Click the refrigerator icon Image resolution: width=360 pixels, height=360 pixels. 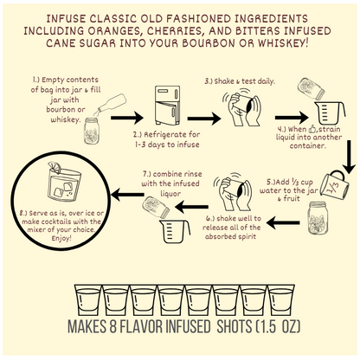pos(167,106)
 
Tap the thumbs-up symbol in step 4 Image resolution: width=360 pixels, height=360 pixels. pos(312,129)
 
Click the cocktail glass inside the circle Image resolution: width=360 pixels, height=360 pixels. pos(63,182)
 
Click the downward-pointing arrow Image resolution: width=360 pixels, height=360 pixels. pos(350,157)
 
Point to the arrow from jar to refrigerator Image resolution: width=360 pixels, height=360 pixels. pos(127,118)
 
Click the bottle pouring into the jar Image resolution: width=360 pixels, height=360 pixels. pos(112,105)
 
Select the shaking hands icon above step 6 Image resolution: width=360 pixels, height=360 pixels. pos(232,192)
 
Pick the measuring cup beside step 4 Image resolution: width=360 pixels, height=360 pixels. pos(330,112)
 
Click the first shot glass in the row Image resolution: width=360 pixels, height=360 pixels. pos(88,300)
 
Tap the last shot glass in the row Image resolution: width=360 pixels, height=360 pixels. pos(281,300)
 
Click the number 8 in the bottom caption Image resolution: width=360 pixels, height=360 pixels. pos(112,326)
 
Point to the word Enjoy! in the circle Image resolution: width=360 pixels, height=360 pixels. pos(61,239)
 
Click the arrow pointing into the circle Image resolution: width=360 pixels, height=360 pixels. pos(127,195)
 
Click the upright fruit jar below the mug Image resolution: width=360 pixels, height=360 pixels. pos(318,218)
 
